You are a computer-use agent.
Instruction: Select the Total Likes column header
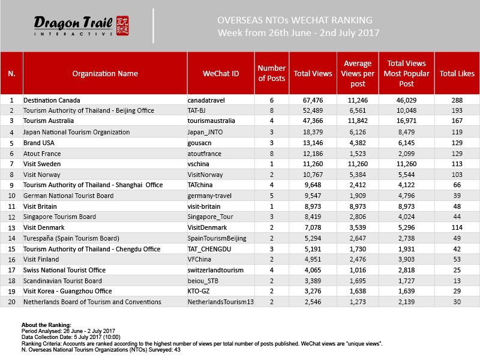[x=457, y=74]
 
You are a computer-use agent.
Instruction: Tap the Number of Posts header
[x=271, y=74]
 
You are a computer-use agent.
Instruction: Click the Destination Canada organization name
[x=52, y=100]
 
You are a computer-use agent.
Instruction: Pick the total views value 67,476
[x=312, y=100]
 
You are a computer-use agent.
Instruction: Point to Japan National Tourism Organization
[x=76, y=132]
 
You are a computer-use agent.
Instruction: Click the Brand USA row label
[x=40, y=143]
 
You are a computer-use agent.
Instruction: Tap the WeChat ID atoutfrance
[x=205, y=154]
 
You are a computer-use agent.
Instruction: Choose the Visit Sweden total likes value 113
[x=457, y=164]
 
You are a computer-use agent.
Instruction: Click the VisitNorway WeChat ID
[x=205, y=175]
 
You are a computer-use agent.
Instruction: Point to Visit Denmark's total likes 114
[x=457, y=228]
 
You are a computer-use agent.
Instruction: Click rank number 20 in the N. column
[x=11, y=302]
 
